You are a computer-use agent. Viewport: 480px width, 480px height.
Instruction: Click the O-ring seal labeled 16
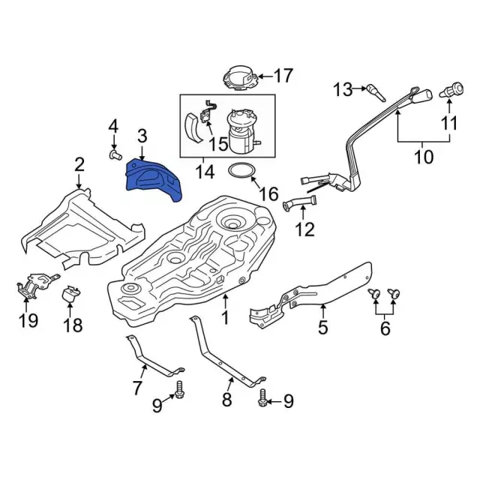click(x=241, y=172)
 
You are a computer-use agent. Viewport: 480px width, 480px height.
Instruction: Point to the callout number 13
click(x=342, y=90)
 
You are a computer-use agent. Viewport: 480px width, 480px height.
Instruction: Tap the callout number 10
click(x=424, y=157)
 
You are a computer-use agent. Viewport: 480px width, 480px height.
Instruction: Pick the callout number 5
click(x=323, y=328)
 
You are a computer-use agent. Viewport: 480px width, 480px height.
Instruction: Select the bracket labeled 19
click(x=30, y=286)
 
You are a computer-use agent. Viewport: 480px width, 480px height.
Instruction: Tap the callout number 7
click(x=136, y=389)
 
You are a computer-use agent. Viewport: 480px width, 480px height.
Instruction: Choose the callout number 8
click(x=226, y=400)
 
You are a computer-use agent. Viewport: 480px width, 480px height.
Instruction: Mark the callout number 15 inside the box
click(x=218, y=142)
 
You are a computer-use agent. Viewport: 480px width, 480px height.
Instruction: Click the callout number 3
click(x=142, y=136)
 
